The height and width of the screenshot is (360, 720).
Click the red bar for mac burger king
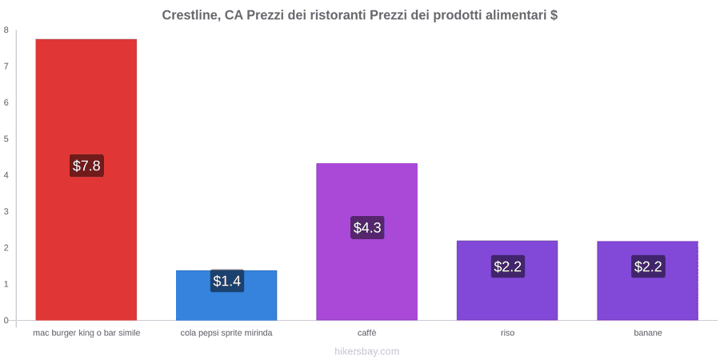[86, 179]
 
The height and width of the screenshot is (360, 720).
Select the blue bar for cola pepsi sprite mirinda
[226, 295]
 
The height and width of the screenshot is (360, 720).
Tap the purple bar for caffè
[367, 242]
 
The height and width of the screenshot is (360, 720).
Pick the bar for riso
[507, 280]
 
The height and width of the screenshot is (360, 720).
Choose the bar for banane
[647, 281]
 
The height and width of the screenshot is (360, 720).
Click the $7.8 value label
[86, 166]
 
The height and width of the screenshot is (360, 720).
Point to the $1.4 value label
[227, 281]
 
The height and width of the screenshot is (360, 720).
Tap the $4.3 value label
[367, 227]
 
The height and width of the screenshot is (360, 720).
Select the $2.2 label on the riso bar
[508, 266]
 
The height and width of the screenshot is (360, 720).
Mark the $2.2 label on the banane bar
[648, 266]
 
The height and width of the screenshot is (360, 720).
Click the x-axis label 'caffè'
[367, 333]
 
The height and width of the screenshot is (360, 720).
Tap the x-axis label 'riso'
[507, 333]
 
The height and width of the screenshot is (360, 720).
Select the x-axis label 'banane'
[648, 333]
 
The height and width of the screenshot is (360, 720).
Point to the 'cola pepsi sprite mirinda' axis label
[226, 333]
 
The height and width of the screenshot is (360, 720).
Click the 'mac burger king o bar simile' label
[86, 333]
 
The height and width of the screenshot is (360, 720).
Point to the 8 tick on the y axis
[6, 30]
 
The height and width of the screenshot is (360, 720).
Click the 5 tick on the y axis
[6, 139]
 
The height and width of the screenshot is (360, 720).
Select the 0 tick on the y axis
[6, 321]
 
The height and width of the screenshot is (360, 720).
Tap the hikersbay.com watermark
[367, 351]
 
